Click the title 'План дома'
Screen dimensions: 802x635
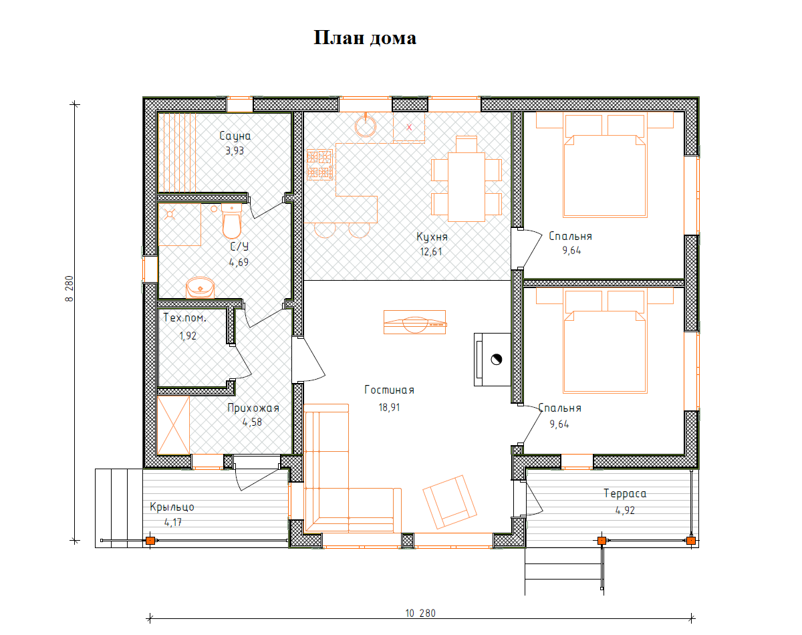tap(365, 37)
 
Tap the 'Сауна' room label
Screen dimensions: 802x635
tap(235, 136)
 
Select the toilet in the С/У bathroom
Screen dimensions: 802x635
tap(231, 221)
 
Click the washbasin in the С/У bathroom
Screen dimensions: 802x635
tap(200, 287)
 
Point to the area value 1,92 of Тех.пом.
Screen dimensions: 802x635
tap(188, 336)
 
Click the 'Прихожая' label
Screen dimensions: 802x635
tap(253, 408)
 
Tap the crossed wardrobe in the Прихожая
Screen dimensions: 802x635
tap(173, 425)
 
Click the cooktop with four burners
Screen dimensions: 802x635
tap(319, 165)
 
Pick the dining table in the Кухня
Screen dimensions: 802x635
tap(466, 187)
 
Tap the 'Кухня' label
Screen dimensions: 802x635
tap(432, 237)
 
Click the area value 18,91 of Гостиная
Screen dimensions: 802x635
tap(389, 408)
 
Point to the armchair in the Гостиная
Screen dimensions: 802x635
tap(450, 502)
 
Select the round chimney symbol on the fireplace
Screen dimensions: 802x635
tap(497, 360)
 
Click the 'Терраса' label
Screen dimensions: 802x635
tap(625, 494)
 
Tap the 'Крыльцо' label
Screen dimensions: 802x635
tap(172, 507)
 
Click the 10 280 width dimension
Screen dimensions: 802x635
tap(420, 614)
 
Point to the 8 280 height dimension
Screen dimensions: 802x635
tap(70, 289)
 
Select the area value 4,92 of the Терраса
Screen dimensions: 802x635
tap(625, 511)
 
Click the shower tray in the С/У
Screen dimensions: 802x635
tap(180, 225)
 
